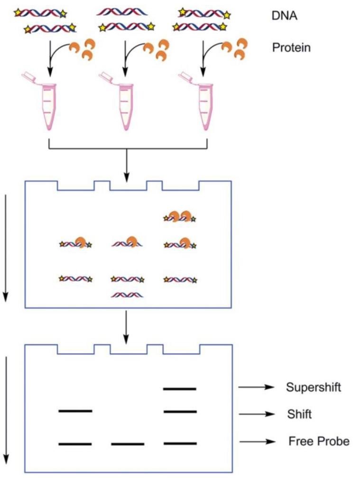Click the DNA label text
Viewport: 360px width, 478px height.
coord(284,16)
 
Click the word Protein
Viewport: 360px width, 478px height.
coord(291,47)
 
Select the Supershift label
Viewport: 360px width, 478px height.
coord(314,387)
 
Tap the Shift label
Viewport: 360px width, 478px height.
coord(299,414)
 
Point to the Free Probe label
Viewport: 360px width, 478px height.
coord(319,441)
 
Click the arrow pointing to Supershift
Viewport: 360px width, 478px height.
coord(256,387)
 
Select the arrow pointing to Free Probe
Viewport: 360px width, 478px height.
coord(256,442)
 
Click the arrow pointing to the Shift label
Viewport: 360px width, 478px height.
coord(256,414)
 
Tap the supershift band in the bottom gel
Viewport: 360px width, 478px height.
coord(179,389)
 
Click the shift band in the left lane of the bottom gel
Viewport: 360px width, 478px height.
coord(75,410)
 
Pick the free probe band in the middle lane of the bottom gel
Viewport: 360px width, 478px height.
coord(127,444)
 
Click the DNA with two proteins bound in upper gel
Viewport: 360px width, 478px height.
coord(180,217)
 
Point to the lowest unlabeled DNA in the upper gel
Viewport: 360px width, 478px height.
coord(127,295)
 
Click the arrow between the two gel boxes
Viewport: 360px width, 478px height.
coord(126,328)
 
